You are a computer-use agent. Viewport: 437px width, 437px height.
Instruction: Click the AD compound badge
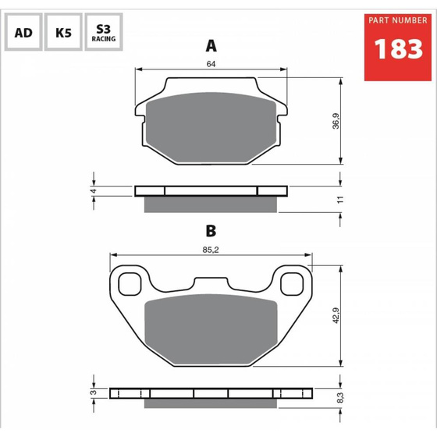(23, 32)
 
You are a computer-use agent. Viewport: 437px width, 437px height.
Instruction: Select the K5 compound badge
(63, 32)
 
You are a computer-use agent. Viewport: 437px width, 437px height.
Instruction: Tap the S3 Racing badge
(104, 32)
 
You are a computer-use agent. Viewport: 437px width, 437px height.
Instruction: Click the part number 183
(398, 49)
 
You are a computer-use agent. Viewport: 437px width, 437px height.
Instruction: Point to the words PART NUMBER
(398, 20)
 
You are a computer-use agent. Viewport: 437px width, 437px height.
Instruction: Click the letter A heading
(211, 46)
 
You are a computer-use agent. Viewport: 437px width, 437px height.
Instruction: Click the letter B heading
(211, 231)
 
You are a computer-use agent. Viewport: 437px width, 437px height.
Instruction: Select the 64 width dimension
(211, 64)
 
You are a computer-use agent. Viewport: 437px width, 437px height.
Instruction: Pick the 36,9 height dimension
(336, 121)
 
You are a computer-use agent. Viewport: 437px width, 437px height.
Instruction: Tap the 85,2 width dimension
(211, 250)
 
